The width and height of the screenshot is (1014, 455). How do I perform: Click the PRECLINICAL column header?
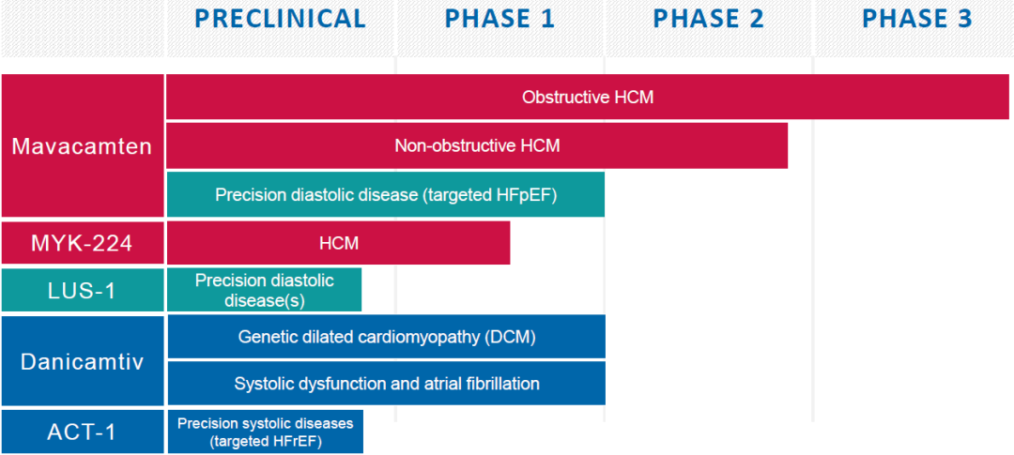(x=280, y=19)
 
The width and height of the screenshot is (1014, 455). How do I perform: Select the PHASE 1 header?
(x=499, y=19)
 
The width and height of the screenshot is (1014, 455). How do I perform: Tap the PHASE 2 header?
(x=708, y=19)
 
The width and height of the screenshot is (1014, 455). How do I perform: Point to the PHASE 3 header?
(x=917, y=19)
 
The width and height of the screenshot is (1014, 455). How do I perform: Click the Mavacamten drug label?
(x=82, y=145)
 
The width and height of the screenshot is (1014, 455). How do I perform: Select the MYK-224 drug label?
(x=82, y=243)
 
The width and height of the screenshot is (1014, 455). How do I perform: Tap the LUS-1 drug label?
(x=82, y=290)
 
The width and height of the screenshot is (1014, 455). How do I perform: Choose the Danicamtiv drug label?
(x=82, y=360)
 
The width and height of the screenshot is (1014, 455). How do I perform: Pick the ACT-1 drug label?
(x=82, y=432)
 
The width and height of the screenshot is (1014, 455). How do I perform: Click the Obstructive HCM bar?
(x=588, y=97)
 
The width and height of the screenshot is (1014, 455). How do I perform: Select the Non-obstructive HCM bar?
(x=477, y=146)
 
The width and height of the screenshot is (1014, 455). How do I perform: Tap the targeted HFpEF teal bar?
(x=386, y=194)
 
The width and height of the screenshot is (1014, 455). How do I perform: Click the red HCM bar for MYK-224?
(x=338, y=243)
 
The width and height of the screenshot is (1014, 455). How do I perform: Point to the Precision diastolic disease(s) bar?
(x=264, y=290)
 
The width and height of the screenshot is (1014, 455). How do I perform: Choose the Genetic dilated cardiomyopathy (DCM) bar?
(x=386, y=337)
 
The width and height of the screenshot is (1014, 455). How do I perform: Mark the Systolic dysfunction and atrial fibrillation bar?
(x=386, y=384)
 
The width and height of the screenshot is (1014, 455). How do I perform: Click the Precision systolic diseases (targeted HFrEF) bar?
(x=265, y=432)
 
